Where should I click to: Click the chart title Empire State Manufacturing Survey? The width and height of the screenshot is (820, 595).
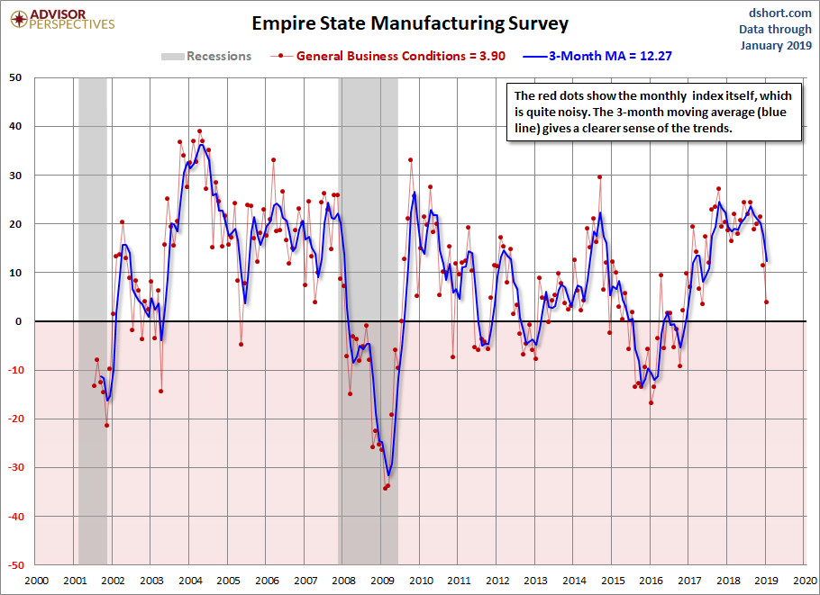point(409,22)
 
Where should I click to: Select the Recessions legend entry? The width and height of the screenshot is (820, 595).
point(206,56)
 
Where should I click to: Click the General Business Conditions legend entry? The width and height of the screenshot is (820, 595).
point(388,56)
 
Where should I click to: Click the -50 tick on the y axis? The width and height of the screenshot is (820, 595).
point(15,564)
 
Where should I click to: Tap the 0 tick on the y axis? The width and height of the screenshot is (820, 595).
point(20,321)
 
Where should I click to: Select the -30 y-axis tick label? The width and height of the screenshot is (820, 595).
point(15,467)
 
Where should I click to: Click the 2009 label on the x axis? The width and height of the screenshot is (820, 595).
point(382,581)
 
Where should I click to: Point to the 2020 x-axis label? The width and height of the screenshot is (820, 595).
point(805,581)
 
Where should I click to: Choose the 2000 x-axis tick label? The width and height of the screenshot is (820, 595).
point(36,581)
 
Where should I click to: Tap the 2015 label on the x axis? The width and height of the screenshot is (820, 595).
point(613,581)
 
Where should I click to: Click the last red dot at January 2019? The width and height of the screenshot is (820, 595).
point(766,302)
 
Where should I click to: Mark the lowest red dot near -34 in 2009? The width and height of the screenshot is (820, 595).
point(385,488)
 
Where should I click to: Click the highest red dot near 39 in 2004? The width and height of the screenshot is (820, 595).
point(200,131)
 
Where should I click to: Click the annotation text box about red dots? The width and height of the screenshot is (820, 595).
point(652,113)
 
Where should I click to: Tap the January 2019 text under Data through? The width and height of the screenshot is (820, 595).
point(775,46)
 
